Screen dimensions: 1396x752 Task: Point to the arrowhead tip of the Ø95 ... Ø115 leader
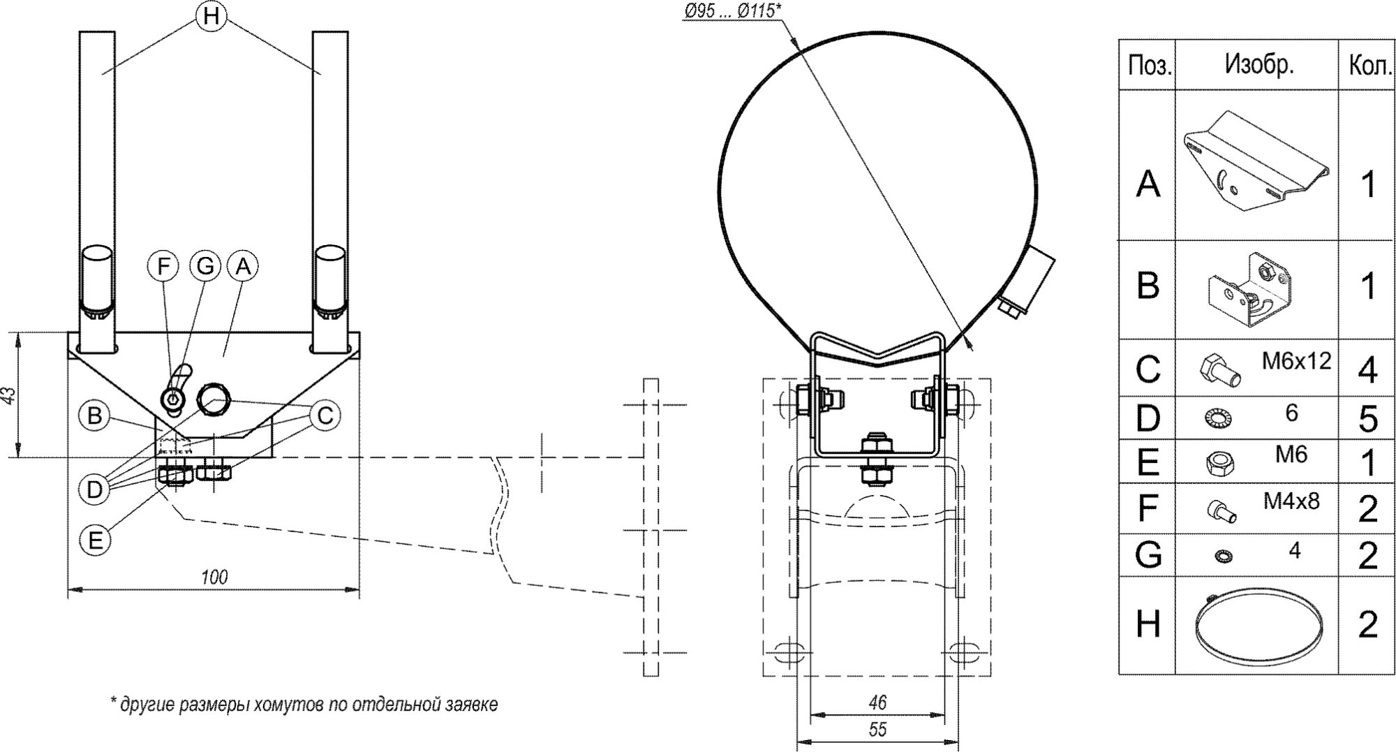[x=972, y=348]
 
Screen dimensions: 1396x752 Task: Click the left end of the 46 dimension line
[x=810, y=714]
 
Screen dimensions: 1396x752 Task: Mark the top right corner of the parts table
[x=1394, y=40]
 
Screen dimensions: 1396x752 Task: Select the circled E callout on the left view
[x=95, y=540]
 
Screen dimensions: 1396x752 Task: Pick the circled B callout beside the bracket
[x=94, y=416]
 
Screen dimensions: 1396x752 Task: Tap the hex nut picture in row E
[x=1219, y=462]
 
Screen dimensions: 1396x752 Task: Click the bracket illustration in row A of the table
[x=1255, y=160]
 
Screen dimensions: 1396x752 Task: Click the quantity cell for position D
[x=1366, y=418]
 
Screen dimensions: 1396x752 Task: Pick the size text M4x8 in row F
[x=1291, y=501]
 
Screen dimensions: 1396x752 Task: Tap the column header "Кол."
[x=1366, y=65]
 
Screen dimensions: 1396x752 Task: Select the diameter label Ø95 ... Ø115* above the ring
[x=732, y=10]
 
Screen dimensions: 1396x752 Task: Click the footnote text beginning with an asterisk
[x=304, y=705]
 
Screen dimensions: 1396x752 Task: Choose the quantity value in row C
[x=1367, y=369]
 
